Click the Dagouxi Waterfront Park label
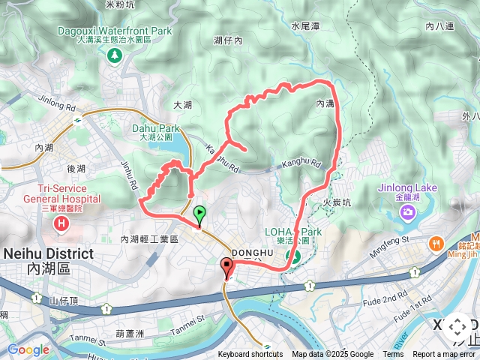pos(115,31)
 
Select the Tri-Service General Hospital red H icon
pos(61,223)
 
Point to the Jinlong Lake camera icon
pos(407,213)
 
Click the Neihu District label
pos(49,253)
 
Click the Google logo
pos(28,349)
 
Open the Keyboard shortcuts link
pos(250,355)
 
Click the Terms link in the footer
pos(393,355)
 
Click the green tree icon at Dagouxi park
pos(115,55)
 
